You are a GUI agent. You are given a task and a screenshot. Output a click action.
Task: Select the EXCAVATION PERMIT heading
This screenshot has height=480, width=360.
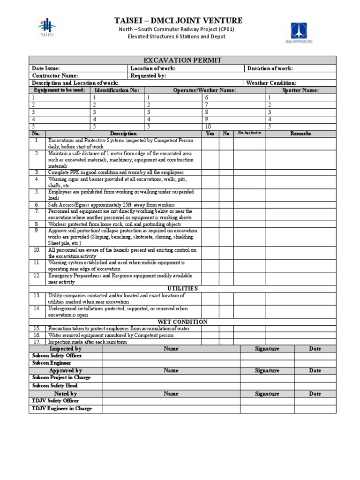182,60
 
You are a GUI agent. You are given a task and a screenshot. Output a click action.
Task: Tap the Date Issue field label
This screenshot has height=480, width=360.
46,68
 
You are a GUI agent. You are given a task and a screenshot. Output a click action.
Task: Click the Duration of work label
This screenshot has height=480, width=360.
270,68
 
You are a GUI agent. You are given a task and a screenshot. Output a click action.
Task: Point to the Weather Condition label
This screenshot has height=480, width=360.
271,83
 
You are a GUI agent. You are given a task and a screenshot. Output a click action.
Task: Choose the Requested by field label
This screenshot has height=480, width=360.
148,75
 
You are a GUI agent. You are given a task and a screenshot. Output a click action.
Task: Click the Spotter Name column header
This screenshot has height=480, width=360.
300,90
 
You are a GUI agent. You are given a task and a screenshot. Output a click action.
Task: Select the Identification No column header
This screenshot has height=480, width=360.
117,90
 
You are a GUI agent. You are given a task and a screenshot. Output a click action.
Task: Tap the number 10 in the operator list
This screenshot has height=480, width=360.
208,127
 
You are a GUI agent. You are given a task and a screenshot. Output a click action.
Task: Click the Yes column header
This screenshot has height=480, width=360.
210,134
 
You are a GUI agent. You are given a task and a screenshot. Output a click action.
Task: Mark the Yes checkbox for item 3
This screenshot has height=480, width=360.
210,172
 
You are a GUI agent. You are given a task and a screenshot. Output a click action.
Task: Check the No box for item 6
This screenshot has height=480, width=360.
226,205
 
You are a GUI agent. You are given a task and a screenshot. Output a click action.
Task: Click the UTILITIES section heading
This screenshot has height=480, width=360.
182,288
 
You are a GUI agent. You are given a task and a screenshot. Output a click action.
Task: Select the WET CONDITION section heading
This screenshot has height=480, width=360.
182,322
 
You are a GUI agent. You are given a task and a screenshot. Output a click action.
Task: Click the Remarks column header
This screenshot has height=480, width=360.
300,134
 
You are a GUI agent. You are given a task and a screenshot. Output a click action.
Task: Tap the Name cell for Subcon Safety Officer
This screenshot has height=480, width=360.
171,356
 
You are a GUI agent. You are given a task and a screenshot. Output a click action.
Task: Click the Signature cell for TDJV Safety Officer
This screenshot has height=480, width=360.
267,401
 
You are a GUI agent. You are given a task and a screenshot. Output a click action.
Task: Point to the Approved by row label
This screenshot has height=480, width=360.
66,370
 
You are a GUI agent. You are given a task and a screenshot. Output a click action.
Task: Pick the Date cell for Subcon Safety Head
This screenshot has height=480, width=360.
315,386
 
